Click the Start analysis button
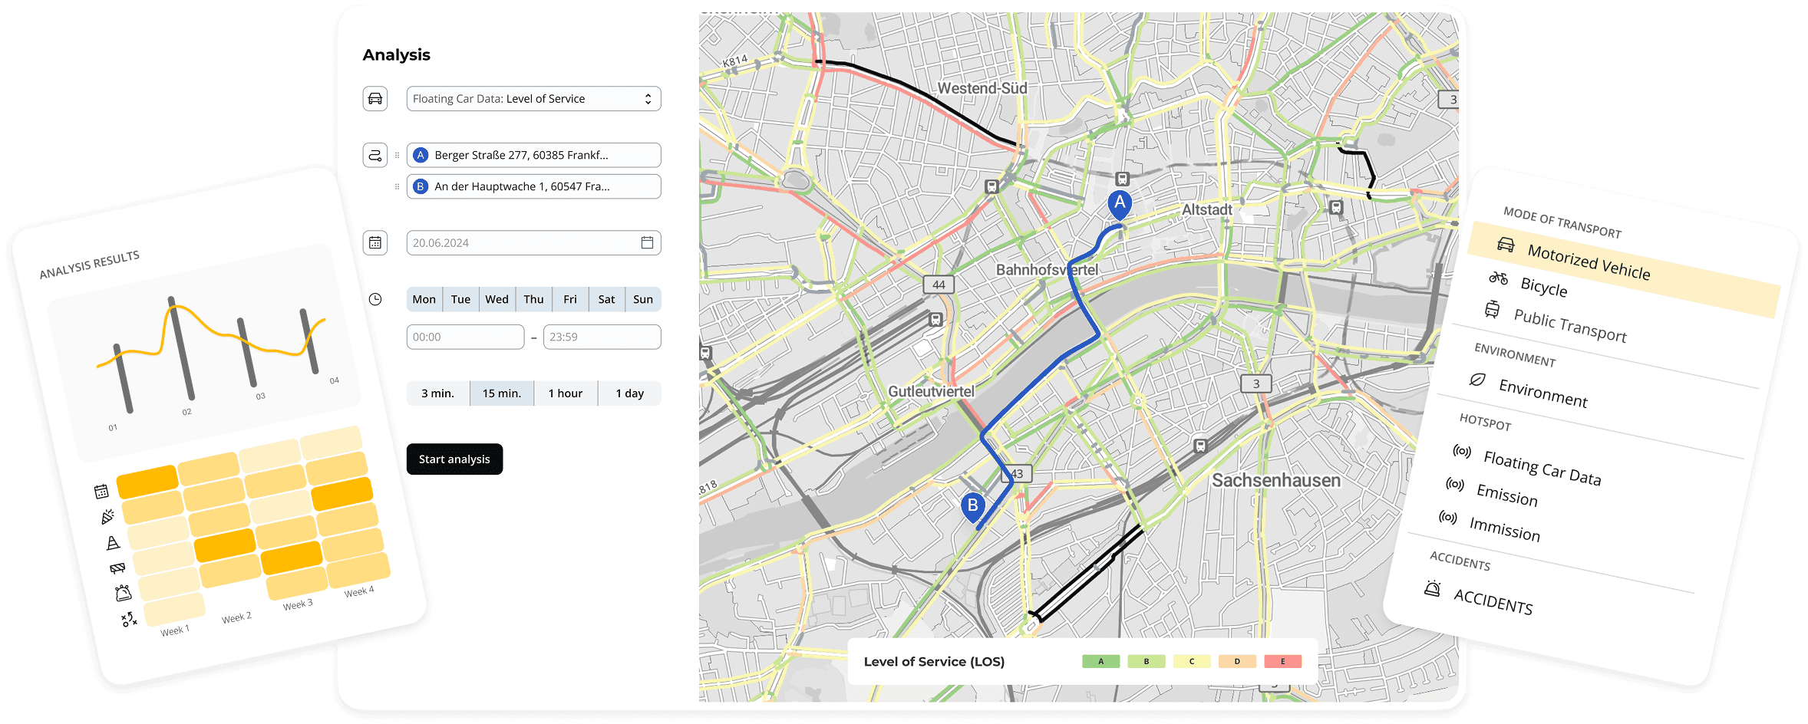[454, 459]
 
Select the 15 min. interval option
[501, 393]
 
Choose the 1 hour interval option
[565, 393]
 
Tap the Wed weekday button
[497, 299]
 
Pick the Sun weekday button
[643, 299]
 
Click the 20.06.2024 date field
[533, 243]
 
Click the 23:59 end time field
[602, 337]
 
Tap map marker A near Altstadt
[1120, 203]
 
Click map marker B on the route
[972, 506]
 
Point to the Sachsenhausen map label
[1275, 481]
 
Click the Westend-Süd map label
[982, 88]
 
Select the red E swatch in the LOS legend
[1282, 661]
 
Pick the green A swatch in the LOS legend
[1100, 661]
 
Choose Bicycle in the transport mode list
[1542, 287]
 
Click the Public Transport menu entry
[1569, 326]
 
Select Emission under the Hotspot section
[1506, 495]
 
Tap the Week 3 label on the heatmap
[298, 604]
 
